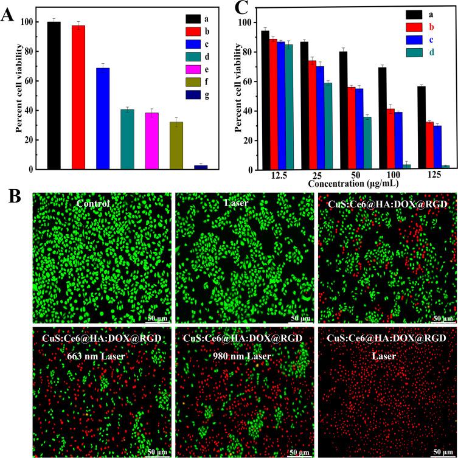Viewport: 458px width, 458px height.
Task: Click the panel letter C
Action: click(240, 10)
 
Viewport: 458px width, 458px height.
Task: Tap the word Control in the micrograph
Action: click(101, 204)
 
